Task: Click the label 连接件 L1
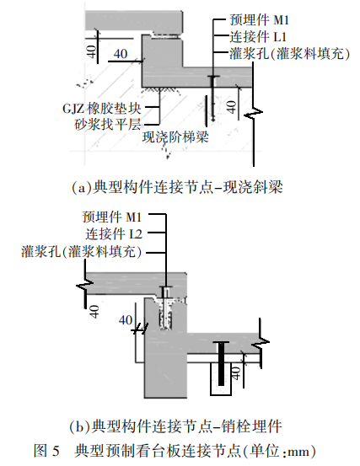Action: click(257, 37)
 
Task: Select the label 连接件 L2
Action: click(114, 234)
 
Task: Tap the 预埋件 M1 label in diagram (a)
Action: click(259, 20)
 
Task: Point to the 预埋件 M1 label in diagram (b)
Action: click(112, 217)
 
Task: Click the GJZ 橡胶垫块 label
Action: click(102, 109)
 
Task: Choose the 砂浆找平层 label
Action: click(108, 125)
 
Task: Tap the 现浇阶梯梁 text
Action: click(175, 137)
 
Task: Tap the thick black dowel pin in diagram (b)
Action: click(221, 364)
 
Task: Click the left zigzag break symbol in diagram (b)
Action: click(85, 286)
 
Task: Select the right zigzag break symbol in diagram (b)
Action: click(261, 342)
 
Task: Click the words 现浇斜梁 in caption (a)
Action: click(253, 188)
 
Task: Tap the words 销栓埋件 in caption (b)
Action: click(252, 426)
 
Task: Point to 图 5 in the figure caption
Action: click(46, 451)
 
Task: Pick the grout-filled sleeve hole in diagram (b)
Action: click(165, 314)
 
